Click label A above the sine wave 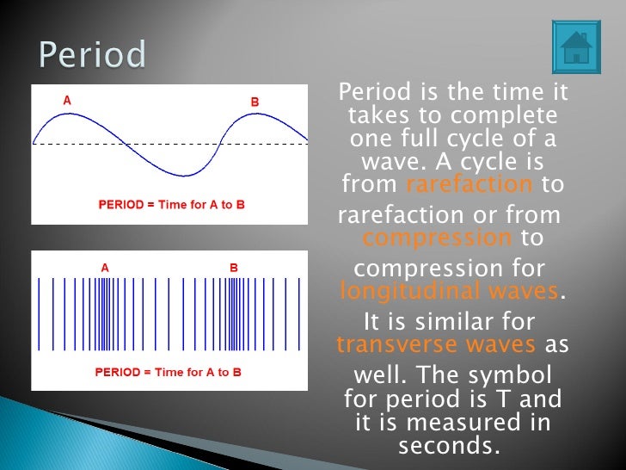[67, 101]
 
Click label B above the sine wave [255, 102]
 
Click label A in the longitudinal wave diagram [105, 268]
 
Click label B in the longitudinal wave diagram [233, 268]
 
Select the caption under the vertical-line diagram [169, 372]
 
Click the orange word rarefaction [470, 184]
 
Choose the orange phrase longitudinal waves [449, 291]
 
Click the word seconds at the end [449, 446]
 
